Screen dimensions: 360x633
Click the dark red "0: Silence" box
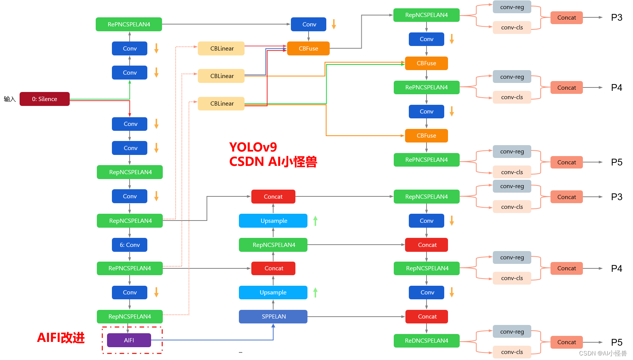tap(44, 99)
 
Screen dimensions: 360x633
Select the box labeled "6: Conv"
tap(130, 245)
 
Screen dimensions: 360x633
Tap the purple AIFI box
tap(129, 340)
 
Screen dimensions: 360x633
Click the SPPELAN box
tap(273, 317)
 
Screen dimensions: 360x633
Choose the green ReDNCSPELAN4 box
tap(427, 341)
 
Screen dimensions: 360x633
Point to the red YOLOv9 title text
tap(253, 147)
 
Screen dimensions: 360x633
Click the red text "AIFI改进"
tap(61, 338)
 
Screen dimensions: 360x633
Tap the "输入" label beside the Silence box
tap(10, 99)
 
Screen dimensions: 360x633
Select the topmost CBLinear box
tap(222, 49)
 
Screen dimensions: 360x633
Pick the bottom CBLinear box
tap(222, 104)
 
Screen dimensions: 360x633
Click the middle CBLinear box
tap(222, 76)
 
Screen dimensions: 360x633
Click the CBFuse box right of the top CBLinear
tap(308, 49)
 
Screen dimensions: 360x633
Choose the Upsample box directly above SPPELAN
tap(273, 293)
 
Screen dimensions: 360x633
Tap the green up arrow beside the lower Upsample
tap(315, 292)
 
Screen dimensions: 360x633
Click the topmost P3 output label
tap(616, 18)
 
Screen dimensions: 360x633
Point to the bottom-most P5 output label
tap(616, 342)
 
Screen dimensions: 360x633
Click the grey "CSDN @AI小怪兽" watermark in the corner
tap(602, 354)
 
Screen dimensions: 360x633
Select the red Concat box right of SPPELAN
tap(427, 317)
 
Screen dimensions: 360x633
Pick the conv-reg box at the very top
tap(512, 7)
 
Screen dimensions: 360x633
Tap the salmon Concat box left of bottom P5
tap(566, 342)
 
